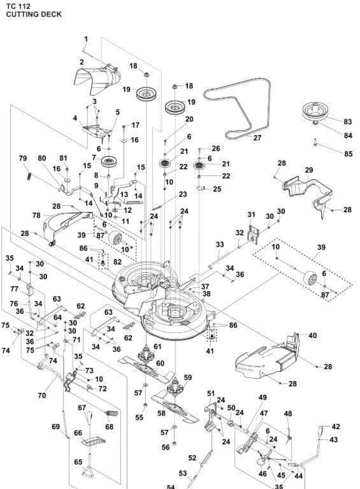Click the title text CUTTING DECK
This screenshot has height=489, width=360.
[x=34, y=15]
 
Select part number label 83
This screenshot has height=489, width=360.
[x=347, y=122]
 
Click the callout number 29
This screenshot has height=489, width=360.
[x=309, y=170]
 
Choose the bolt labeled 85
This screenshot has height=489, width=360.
[x=315, y=143]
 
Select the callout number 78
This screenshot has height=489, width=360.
[x=36, y=215]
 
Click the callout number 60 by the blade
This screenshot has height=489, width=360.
[x=160, y=363]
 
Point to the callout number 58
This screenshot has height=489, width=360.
[x=161, y=413]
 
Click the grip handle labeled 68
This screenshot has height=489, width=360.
[x=110, y=414]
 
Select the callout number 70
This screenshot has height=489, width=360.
[x=42, y=395]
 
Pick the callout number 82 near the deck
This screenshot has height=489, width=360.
[x=117, y=262]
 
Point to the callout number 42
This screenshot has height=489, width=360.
[x=336, y=427]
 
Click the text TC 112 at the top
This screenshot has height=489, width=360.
[x=18, y=6]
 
